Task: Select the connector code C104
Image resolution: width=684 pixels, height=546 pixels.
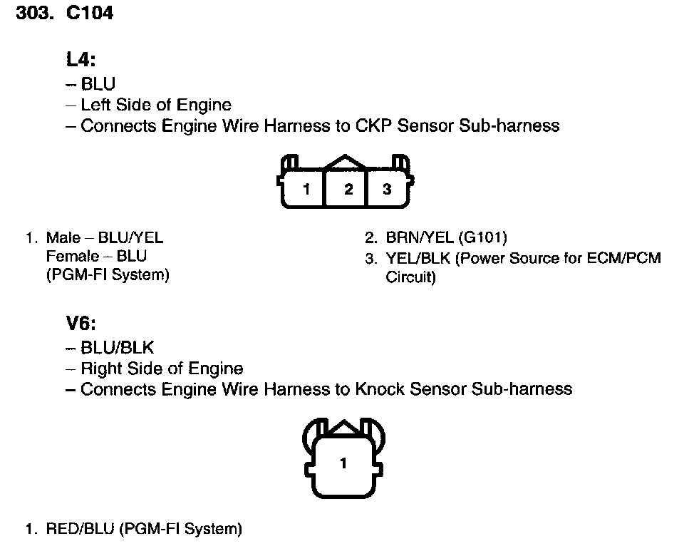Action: tap(89, 14)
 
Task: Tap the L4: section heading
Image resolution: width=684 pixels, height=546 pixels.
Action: tap(81, 61)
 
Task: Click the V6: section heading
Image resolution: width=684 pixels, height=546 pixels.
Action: tap(81, 324)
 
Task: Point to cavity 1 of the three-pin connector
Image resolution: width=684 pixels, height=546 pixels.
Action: tap(306, 190)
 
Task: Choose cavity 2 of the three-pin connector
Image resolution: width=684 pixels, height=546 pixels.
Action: tap(348, 190)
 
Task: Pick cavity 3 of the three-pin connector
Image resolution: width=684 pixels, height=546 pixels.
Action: tap(387, 190)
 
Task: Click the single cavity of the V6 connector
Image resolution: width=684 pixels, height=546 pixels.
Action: tap(343, 463)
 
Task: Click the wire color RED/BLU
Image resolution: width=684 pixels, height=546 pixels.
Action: tap(80, 529)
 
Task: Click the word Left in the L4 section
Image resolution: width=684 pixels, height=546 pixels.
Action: tap(95, 105)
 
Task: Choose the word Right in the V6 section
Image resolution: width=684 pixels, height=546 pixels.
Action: tap(100, 369)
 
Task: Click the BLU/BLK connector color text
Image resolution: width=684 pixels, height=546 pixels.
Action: tap(118, 348)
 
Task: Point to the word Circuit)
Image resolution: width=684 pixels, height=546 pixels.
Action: tap(410, 277)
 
